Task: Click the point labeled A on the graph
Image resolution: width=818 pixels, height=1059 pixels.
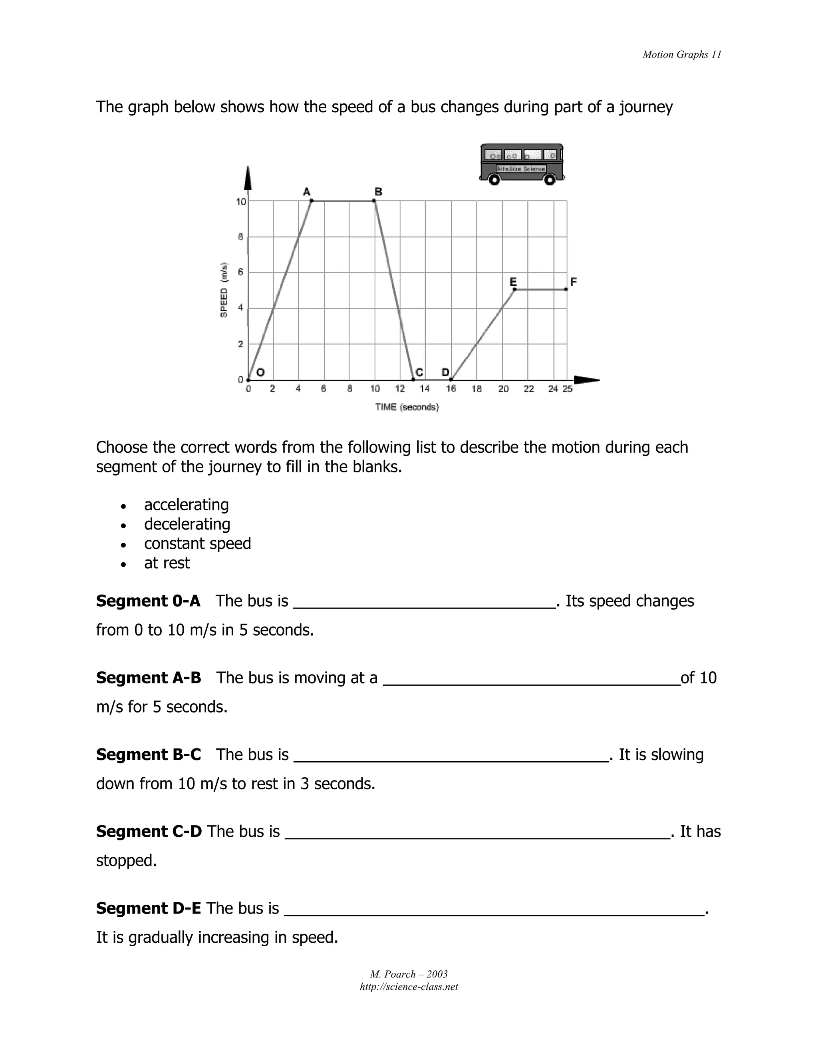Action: pos(311,201)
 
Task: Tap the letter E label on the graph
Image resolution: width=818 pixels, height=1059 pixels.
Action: pos(513,282)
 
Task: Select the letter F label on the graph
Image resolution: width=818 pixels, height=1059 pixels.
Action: pos(573,282)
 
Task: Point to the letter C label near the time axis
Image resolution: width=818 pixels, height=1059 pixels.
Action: pos(420,372)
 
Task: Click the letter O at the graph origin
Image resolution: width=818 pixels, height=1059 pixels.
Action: pos(260,372)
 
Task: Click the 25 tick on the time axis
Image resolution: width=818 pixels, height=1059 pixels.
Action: pos(568,389)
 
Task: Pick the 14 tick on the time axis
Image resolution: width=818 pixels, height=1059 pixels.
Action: pos(425,389)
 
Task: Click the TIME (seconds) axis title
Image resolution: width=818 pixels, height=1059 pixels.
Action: pos(407,407)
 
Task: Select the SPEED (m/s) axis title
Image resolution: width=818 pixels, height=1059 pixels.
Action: pos(224,290)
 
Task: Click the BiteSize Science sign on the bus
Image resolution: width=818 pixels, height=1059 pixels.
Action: pos(521,169)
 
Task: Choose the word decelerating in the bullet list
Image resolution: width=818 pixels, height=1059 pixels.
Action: pos(187,524)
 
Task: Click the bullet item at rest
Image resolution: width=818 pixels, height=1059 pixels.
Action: pos(167,563)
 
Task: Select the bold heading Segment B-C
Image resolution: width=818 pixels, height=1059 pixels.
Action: pos(148,754)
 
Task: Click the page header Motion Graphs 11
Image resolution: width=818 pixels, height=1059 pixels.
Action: pos(681,54)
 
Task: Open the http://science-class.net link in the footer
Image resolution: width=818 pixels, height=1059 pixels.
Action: pos(409,987)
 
